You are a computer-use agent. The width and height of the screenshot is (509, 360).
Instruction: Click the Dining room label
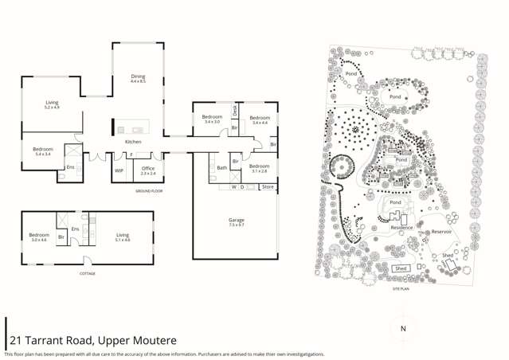point(138,76)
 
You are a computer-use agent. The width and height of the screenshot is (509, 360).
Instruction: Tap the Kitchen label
point(133,142)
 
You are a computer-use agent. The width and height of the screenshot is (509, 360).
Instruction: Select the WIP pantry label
point(119,170)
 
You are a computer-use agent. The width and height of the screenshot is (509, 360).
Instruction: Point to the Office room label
point(148,168)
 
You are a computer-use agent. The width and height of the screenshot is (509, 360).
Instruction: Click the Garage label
point(236,220)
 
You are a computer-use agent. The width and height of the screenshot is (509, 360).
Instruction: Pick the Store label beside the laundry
point(268,187)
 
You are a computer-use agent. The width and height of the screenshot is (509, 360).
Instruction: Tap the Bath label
point(222,168)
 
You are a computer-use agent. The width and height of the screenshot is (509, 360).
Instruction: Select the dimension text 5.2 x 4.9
point(52,108)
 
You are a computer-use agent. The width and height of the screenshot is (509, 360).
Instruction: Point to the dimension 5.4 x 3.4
point(43,154)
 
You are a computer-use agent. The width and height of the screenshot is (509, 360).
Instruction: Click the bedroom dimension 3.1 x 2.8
point(259,171)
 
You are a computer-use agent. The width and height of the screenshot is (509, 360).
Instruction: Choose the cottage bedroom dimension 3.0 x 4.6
point(39,240)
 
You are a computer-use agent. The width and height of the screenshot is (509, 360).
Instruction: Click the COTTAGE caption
point(87,273)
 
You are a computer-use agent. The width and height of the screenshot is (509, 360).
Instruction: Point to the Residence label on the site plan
point(401,228)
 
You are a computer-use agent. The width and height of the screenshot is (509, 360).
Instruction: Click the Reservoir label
point(441,232)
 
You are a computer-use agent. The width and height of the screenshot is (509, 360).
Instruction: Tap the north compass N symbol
point(403,328)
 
